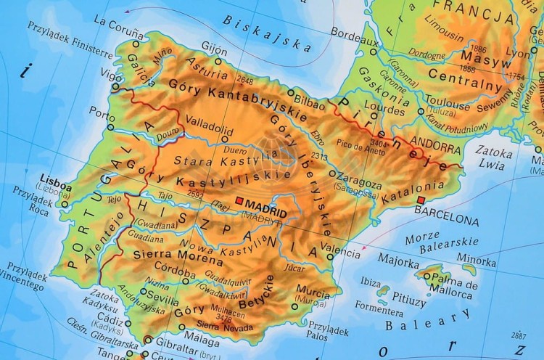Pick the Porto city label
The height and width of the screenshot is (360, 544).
click(x=102, y=112)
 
